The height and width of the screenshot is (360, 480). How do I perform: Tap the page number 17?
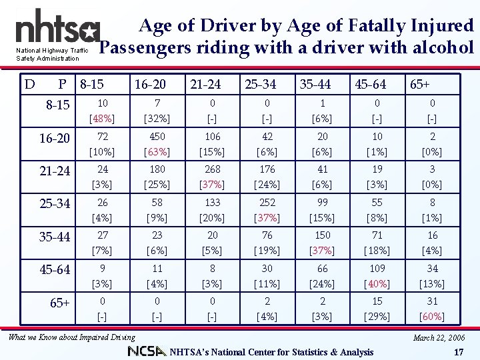(x=457, y=351)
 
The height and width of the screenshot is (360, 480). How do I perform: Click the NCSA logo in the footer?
(x=147, y=351)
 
